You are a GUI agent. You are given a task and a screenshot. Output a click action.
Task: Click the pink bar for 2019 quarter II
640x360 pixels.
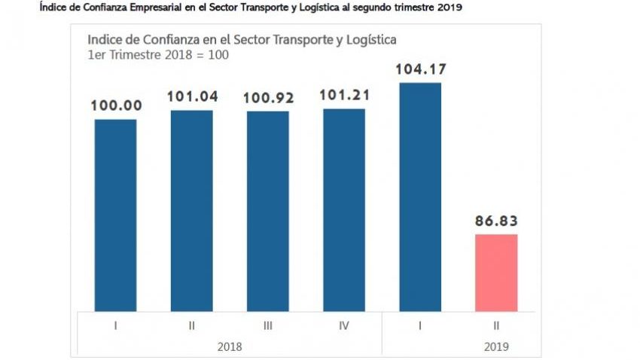click(496, 273)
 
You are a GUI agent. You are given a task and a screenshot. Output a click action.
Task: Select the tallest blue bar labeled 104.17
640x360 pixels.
click(420, 197)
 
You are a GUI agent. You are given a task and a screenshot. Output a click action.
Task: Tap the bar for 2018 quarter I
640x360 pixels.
click(115, 215)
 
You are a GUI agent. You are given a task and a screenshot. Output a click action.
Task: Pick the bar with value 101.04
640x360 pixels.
click(191, 210)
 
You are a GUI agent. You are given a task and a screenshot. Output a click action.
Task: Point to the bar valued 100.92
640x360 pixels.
click(267, 211)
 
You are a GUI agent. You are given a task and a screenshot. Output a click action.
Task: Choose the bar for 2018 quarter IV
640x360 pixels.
click(344, 209)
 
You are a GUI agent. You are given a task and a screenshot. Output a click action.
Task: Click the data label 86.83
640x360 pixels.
click(496, 221)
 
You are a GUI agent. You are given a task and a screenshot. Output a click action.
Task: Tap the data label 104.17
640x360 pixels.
click(420, 70)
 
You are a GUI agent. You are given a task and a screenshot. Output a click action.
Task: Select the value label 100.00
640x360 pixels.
click(115, 106)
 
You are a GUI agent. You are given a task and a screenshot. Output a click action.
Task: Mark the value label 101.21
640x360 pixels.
click(344, 96)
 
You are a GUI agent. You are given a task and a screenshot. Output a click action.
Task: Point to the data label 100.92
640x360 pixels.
click(267, 98)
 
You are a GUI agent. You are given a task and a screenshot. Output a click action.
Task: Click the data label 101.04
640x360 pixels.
click(191, 97)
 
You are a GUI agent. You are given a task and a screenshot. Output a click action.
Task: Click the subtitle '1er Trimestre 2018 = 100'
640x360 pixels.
click(158, 55)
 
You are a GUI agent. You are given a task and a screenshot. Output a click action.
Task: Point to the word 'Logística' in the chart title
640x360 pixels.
click(366, 39)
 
